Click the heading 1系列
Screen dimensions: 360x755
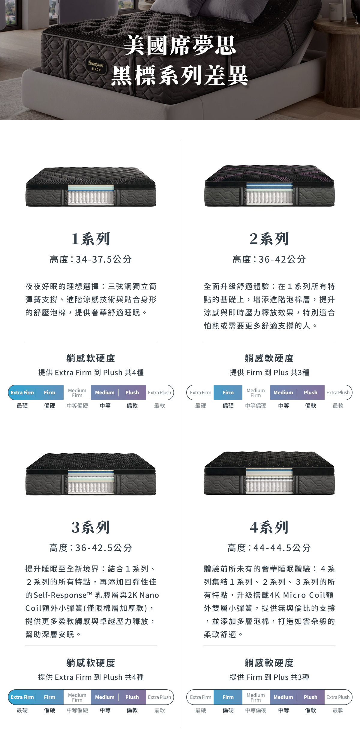point(91,239)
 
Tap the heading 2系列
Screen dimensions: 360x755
point(269,239)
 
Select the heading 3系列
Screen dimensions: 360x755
point(91,527)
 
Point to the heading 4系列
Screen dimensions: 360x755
point(269,527)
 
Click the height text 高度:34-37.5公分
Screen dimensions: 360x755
point(91,259)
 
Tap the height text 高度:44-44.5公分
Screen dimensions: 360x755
point(269,548)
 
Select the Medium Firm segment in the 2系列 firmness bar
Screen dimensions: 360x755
point(256,392)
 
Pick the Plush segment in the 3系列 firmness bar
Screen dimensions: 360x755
point(132,697)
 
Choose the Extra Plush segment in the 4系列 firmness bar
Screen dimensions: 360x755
point(338,697)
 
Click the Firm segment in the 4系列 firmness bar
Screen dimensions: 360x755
point(228,697)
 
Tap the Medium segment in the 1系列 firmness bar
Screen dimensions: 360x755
point(105,392)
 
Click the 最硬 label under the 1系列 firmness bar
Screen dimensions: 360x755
point(22,406)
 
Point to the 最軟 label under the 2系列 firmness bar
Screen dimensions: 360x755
point(338,406)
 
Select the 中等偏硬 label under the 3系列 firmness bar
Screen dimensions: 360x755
point(77,710)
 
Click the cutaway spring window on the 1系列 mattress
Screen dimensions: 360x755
point(91,195)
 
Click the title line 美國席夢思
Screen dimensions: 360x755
point(180,46)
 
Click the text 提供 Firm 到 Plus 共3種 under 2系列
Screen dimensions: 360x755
point(269,372)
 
